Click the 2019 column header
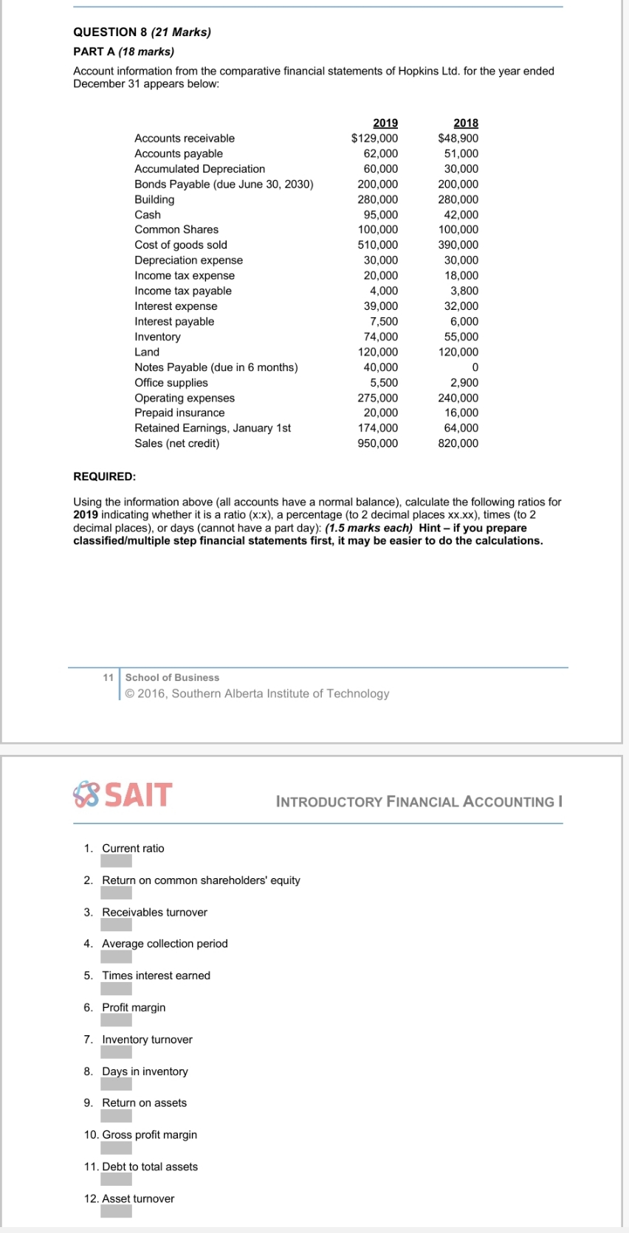[385, 123]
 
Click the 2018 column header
[466, 123]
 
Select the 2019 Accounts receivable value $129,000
[374, 138]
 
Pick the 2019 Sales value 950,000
[378, 443]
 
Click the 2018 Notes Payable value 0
[475, 367]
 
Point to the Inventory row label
[157, 336]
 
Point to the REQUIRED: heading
[104, 477]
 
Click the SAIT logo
[123, 795]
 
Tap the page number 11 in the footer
[109, 677]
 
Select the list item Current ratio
[133, 849]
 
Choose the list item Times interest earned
[156, 975]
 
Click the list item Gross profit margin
[149, 1135]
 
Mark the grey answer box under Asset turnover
[117, 1211]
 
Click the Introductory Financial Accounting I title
[419, 802]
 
